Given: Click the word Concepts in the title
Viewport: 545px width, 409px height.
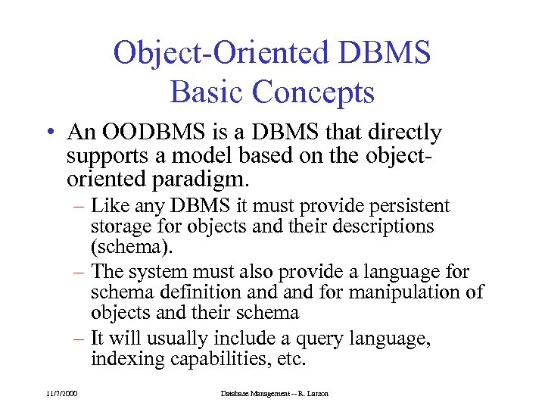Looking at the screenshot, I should pos(313,92).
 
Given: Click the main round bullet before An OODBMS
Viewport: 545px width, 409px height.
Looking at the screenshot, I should pos(49,134).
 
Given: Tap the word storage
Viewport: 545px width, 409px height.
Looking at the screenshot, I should pos(120,226).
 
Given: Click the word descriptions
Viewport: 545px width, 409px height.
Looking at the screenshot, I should pos(385,226).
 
